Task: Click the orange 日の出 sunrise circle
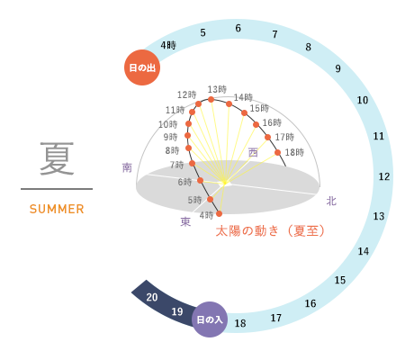(x=142, y=67)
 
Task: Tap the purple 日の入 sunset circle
(x=210, y=319)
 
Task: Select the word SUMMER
(x=57, y=209)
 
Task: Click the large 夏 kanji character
(x=57, y=158)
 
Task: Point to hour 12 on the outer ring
(x=384, y=176)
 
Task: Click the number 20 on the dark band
(x=152, y=297)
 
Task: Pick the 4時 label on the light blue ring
(x=168, y=45)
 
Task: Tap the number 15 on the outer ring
(x=340, y=280)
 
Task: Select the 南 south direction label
(x=127, y=167)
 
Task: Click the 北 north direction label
(x=331, y=201)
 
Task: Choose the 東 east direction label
(x=185, y=221)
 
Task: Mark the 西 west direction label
(x=253, y=153)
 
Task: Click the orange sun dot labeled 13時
(x=211, y=99)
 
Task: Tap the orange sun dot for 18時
(x=277, y=152)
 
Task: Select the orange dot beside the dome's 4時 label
(x=219, y=213)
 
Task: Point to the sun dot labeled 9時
(x=187, y=136)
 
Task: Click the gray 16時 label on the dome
(x=272, y=122)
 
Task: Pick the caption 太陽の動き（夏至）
(x=270, y=231)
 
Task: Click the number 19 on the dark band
(x=177, y=311)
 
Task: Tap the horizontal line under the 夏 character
(x=57, y=189)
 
